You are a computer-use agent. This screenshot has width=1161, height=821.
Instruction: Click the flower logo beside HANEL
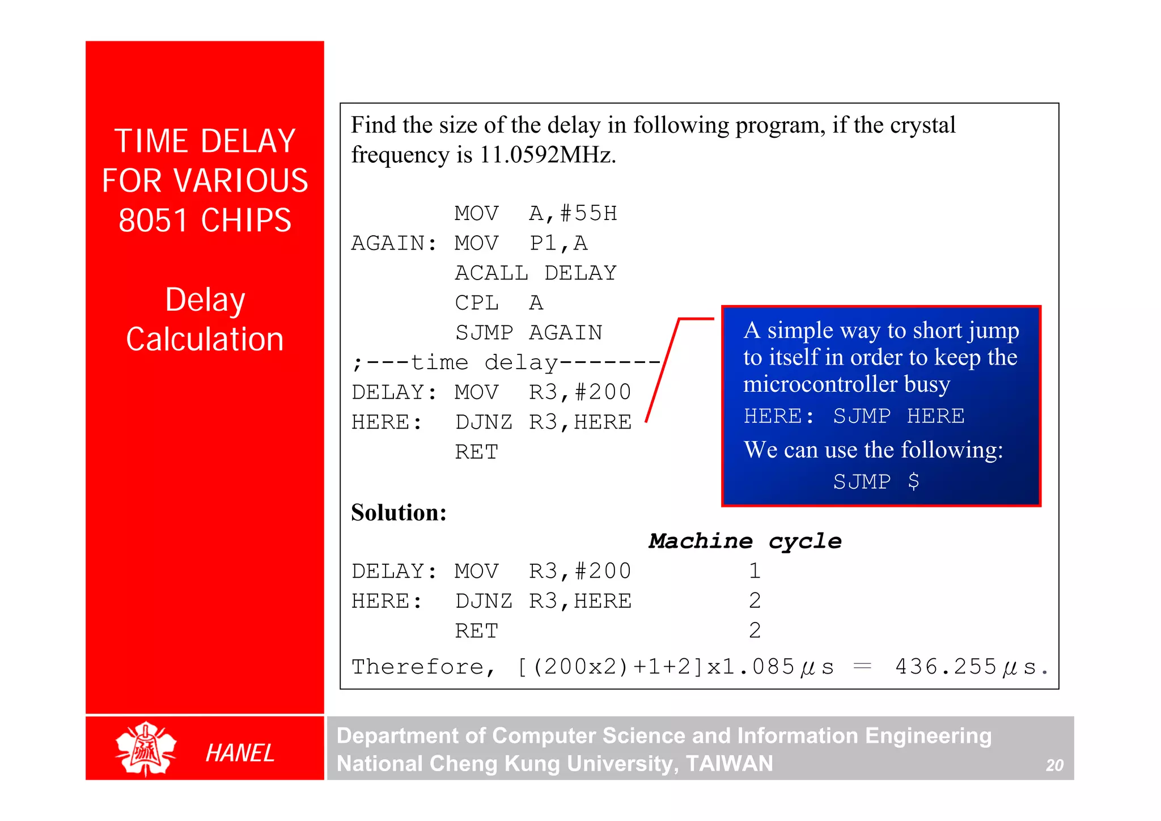pyautogui.click(x=146, y=749)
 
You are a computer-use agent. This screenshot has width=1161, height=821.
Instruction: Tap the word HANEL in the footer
pyautogui.click(x=240, y=753)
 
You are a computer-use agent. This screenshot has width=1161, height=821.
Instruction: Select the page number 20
pyautogui.click(x=1054, y=765)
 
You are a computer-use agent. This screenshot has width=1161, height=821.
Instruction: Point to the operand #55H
pyautogui.click(x=588, y=213)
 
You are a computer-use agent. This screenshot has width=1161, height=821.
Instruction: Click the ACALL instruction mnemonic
pyautogui.click(x=491, y=273)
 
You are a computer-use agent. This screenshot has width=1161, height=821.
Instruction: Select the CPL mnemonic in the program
pyautogui.click(x=476, y=303)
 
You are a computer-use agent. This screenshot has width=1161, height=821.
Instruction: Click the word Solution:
pyautogui.click(x=399, y=513)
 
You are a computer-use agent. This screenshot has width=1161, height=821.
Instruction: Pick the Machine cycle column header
pyautogui.click(x=744, y=541)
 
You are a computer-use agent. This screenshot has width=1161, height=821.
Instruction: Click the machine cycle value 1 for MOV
pyautogui.click(x=754, y=570)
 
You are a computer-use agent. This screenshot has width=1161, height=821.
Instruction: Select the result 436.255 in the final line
pyautogui.click(x=945, y=667)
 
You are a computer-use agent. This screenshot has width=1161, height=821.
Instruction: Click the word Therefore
pyautogui.click(x=417, y=667)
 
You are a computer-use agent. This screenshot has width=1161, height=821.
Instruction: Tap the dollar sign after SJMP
pyautogui.click(x=913, y=481)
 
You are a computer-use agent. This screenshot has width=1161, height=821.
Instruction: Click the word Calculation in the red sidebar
pyautogui.click(x=205, y=339)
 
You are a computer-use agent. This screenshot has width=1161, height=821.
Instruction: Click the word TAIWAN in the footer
pyautogui.click(x=729, y=764)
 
